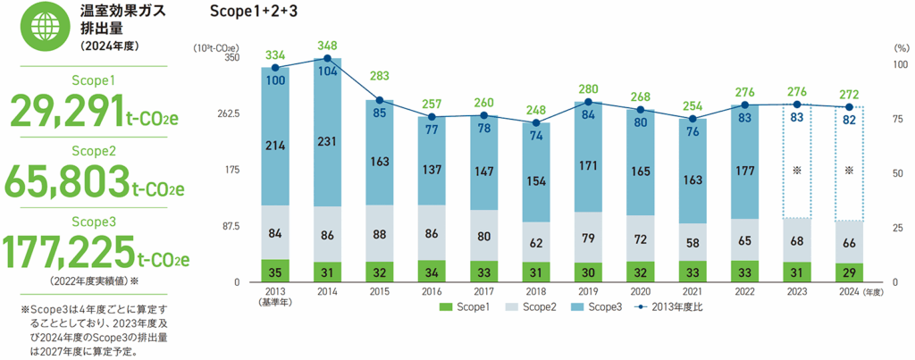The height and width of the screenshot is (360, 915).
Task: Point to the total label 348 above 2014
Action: (x=327, y=46)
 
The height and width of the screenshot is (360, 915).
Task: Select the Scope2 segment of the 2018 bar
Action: (x=536, y=241)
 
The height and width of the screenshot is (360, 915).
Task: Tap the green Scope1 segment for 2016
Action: (x=432, y=272)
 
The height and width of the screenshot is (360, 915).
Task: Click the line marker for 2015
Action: (x=380, y=100)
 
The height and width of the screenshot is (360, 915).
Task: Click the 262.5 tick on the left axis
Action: (x=227, y=113)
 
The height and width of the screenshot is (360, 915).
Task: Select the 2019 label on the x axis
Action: (x=588, y=291)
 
